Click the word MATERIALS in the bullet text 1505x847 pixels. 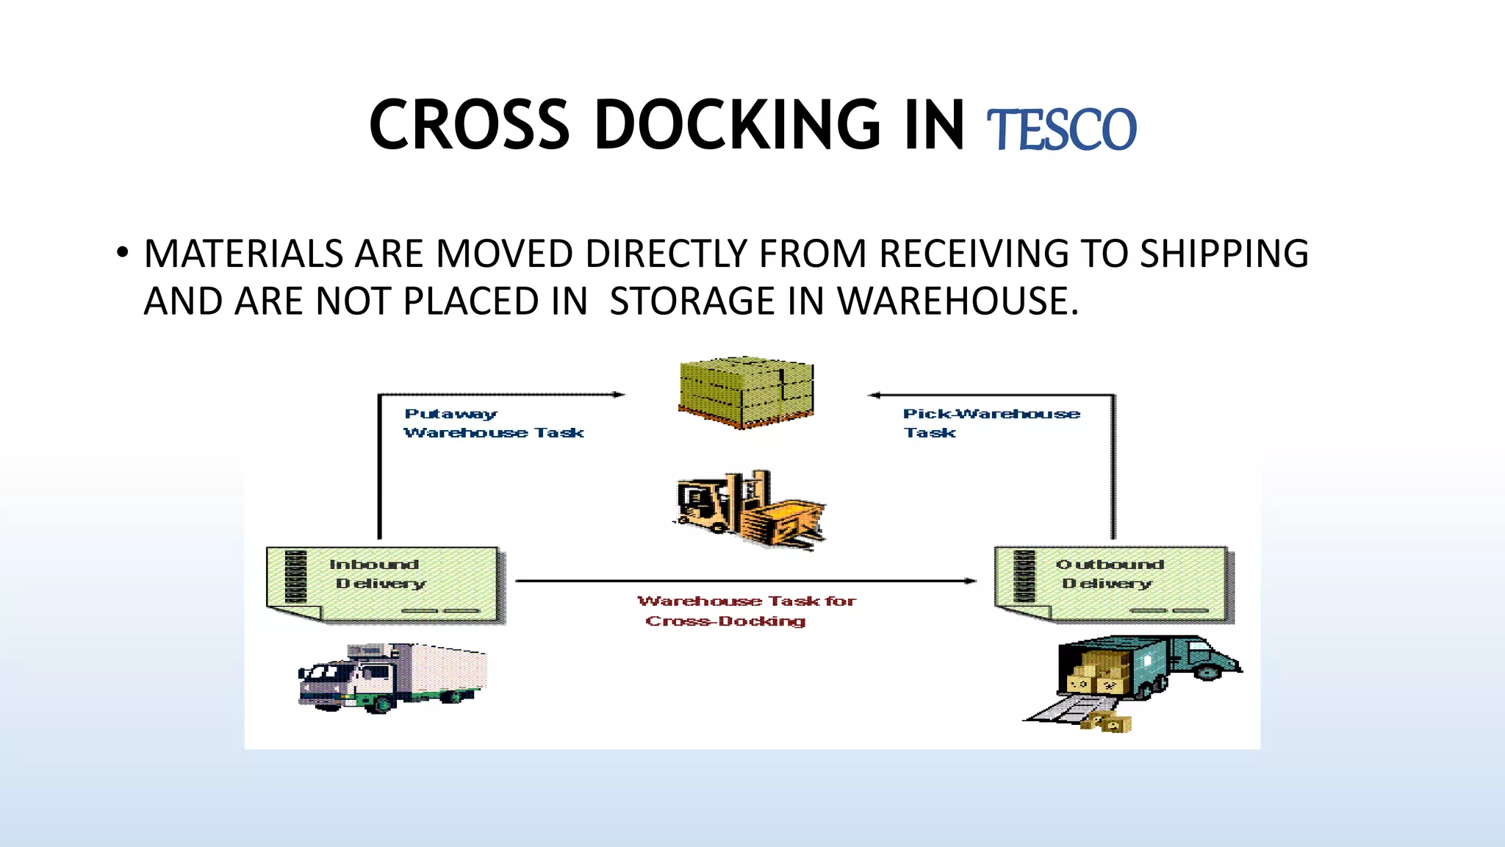point(243,254)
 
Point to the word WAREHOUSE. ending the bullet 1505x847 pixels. point(958,301)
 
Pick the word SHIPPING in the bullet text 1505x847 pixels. point(1224,254)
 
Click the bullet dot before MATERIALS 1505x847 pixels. point(122,253)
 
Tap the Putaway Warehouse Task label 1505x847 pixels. point(493,423)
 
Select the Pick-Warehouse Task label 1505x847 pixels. point(991,423)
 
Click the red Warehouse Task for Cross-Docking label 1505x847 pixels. point(746,611)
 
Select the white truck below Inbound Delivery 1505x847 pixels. point(392,677)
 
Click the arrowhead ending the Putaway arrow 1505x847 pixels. point(619,395)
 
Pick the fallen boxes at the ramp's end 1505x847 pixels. point(1107,722)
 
